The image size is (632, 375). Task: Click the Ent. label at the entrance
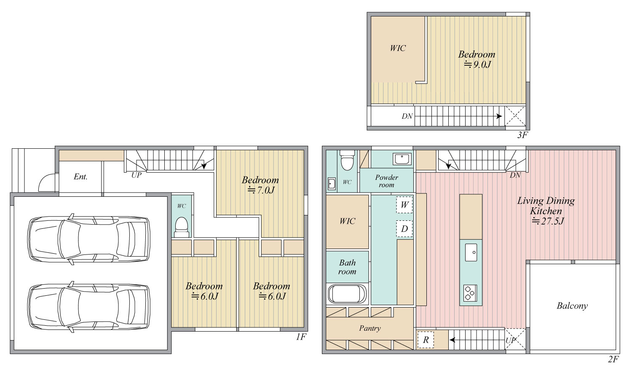point(80,177)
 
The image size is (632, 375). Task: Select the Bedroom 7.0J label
point(260,185)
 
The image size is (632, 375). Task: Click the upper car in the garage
point(89,239)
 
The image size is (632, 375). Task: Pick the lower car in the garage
point(89,307)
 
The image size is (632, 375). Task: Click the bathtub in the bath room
point(347,294)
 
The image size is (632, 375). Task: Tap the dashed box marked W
point(404,205)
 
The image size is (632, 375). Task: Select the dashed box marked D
point(404,228)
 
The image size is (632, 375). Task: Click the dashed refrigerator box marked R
point(426,340)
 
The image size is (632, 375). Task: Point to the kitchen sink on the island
point(471,252)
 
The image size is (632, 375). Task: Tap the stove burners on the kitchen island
point(470,293)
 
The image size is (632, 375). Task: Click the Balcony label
point(572,306)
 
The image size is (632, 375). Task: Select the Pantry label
point(370,328)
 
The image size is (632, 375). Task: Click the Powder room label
point(386,181)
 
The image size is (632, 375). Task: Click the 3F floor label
point(522,135)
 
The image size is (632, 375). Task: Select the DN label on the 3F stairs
point(407,116)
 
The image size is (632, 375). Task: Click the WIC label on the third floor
point(398,48)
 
